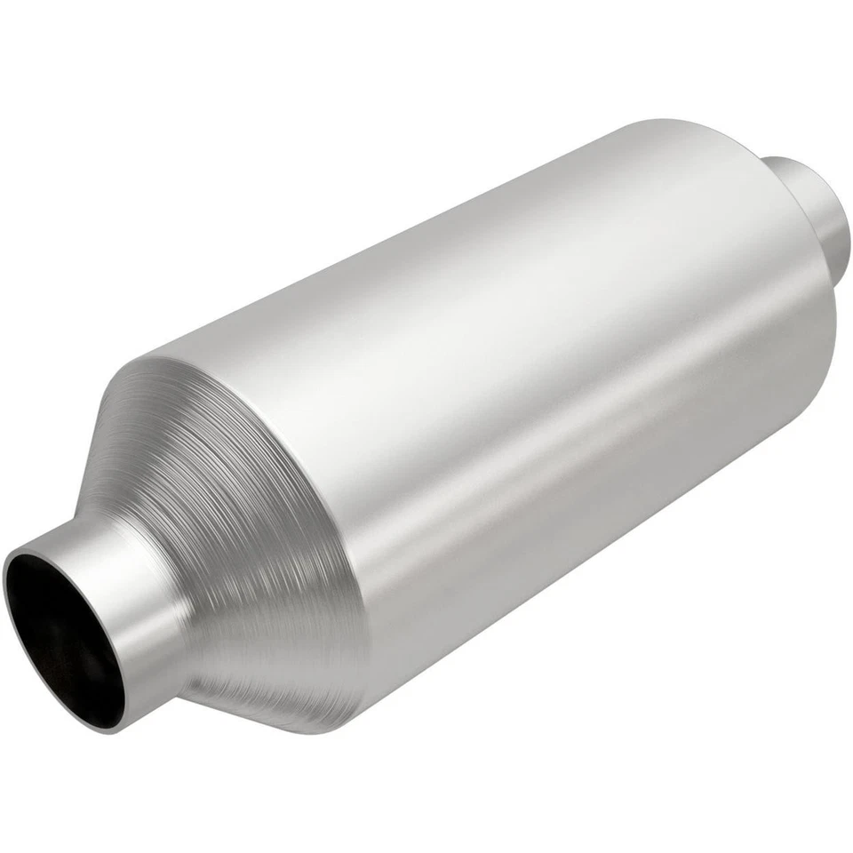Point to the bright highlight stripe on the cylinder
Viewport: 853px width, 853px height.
pos(498,293)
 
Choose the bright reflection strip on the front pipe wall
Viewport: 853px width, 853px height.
pos(133,569)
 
